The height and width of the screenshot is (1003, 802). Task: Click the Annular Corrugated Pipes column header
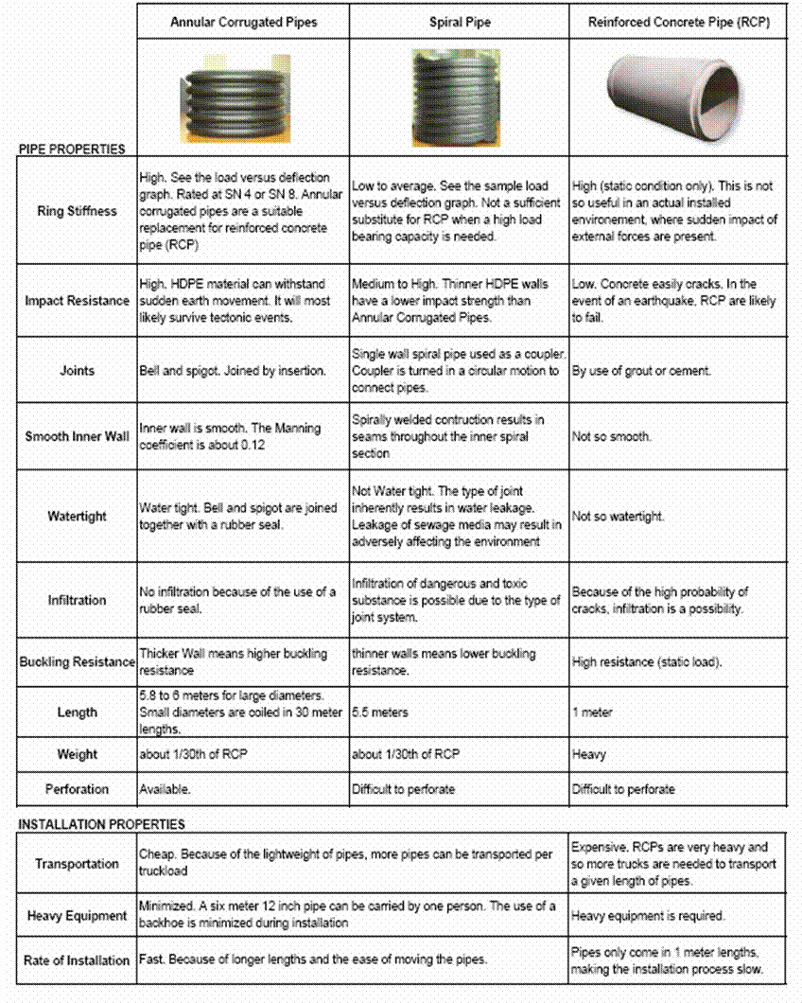click(243, 21)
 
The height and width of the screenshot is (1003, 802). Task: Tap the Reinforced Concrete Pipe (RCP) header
click(678, 21)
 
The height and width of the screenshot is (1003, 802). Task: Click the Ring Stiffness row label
click(78, 211)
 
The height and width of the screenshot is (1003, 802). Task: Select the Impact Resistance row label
click(78, 301)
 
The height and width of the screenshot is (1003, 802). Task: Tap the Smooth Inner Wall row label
click(78, 437)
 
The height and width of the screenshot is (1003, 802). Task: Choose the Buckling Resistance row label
click(78, 662)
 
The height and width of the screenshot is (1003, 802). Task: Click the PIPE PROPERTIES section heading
click(72, 149)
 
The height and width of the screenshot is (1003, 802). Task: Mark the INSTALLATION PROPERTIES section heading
click(102, 824)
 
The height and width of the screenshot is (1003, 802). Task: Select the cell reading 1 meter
click(592, 713)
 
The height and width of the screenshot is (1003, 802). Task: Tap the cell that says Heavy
click(589, 755)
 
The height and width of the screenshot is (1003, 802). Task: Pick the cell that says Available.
click(166, 789)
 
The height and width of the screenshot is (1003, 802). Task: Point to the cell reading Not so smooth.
click(611, 437)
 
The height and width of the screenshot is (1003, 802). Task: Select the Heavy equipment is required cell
click(648, 916)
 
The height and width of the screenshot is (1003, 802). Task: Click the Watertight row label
click(78, 517)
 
